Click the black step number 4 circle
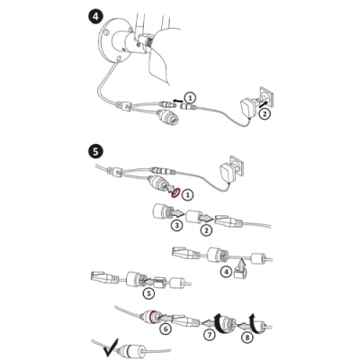pyautogui.click(x=95, y=16)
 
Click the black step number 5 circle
pyautogui.click(x=95, y=151)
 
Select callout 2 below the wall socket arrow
pyautogui.click(x=264, y=113)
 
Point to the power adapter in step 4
pyautogui.click(x=249, y=108)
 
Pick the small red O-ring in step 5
pyautogui.click(x=175, y=193)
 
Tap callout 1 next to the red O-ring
pyautogui.click(x=188, y=195)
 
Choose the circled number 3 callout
pyautogui.click(x=176, y=225)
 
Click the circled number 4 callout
pyautogui.click(x=226, y=272)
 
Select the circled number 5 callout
pyautogui.click(x=148, y=293)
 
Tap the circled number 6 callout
pyautogui.click(x=166, y=328)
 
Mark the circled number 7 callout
pyautogui.click(x=210, y=335)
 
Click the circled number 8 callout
pyautogui.click(x=247, y=337)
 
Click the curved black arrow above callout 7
pyautogui.click(x=220, y=325)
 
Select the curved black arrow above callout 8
pyautogui.click(x=256, y=324)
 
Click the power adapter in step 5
pyautogui.click(x=228, y=173)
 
